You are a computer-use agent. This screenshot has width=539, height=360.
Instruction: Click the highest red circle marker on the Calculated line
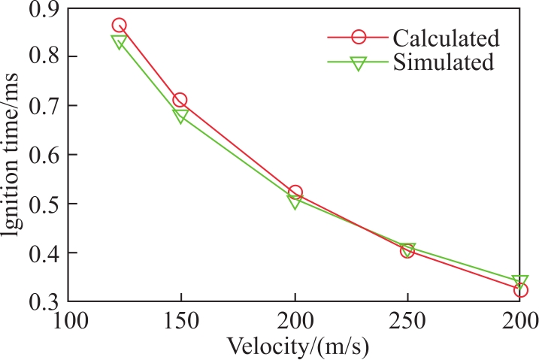[119, 20]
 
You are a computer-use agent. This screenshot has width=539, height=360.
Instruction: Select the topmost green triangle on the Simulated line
[119, 36]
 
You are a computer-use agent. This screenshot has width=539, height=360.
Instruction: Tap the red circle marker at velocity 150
[180, 94]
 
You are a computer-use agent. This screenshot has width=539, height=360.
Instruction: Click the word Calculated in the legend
[446, 38]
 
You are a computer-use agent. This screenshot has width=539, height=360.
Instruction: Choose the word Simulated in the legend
[444, 62]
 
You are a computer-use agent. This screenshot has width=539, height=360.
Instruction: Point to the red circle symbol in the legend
[359, 30]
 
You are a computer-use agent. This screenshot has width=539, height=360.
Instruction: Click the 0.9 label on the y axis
[43, 9]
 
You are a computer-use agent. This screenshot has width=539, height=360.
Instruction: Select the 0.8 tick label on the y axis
[43, 56]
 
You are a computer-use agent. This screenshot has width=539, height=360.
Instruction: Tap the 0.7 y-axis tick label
[43, 105]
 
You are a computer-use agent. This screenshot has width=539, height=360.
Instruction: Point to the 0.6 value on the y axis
[43, 154]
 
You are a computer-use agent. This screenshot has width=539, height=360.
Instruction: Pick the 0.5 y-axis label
[43, 204]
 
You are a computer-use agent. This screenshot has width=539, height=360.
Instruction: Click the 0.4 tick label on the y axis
[43, 253]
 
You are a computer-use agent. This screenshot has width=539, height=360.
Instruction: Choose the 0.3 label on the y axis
[43, 301]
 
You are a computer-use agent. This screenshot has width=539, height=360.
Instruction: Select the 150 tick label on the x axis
[181, 321]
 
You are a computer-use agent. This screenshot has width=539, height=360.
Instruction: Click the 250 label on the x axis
[407, 321]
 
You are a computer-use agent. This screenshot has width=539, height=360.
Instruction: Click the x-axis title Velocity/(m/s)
[298, 346]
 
